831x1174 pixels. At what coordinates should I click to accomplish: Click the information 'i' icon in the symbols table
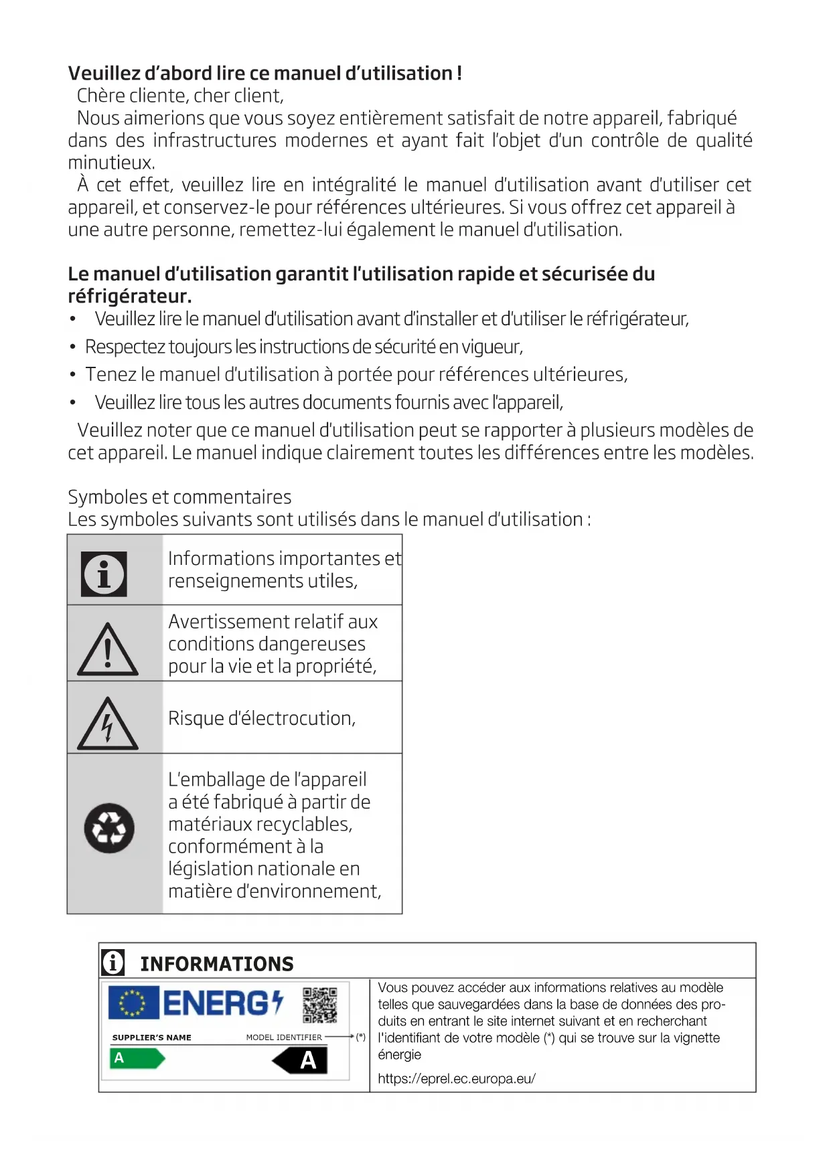(104, 574)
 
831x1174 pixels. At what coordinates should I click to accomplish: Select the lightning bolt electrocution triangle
(108, 725)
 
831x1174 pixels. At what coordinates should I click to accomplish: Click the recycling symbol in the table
(109, 828)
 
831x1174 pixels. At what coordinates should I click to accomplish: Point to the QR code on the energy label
(319, 1005)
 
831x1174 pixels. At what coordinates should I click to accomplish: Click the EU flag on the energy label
(133, 1003)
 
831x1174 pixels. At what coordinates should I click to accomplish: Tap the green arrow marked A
(137, 1058)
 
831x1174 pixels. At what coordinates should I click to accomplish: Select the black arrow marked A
(301, 1060)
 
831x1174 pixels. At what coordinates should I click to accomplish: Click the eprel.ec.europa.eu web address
(456, 1078)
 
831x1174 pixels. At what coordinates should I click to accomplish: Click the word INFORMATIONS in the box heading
(217, 964)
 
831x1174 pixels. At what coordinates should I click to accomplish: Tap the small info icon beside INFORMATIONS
(113, 962)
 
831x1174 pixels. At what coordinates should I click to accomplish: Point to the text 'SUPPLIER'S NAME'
(151, 1037)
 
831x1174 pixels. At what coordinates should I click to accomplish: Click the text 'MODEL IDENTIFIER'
(284, 1037)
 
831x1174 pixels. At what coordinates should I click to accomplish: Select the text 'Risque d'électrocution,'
(262, 718)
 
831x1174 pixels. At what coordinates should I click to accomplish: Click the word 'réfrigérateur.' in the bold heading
(130, 296)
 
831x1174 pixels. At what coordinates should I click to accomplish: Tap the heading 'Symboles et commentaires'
(179, 497)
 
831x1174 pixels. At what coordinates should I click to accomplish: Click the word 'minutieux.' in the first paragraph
(111, 163)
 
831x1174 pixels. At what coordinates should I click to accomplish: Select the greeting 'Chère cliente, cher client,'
(180, 96)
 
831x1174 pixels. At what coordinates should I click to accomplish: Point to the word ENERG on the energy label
(215, 1003)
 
